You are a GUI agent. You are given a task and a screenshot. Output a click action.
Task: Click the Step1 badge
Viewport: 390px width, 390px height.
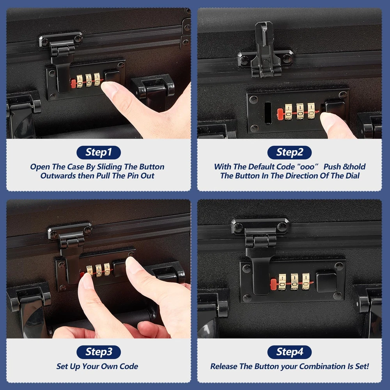pyautogui.click(x=99, y=152)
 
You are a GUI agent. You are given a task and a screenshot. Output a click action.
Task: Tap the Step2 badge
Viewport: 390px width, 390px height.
pyautogui.click(x=289, y=152)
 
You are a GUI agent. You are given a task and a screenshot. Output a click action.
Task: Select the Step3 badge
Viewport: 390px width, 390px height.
pyautogui.click(x=99, y=352)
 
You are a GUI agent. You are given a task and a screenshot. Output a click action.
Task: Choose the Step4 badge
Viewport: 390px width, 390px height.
pyautogui.click(x=289, y=352)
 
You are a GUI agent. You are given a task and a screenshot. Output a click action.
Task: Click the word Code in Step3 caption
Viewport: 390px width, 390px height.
pyautogui.click(x=129, y=366)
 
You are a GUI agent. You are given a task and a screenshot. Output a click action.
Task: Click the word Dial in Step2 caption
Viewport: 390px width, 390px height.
pyautogui.click(x=352, y=176)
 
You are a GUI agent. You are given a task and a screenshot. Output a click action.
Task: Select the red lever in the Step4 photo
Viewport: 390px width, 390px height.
pyautogui.click(x=274, y=284)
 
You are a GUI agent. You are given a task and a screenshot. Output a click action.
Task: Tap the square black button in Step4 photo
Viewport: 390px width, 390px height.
pyautogui.click(x=326, y=282)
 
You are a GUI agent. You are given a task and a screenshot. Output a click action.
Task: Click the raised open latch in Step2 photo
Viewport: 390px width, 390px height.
pyautogui.click(x=265, y=50)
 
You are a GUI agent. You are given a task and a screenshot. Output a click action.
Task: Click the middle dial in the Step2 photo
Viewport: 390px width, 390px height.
pyautogui.click(x=300, y=111)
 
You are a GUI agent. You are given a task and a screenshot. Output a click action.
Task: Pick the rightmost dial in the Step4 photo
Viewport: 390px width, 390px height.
pyautogui.click(x=306, y=282)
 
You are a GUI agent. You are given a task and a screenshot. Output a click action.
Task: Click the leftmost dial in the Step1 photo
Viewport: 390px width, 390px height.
pyautogui.click(x=80, y=81)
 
